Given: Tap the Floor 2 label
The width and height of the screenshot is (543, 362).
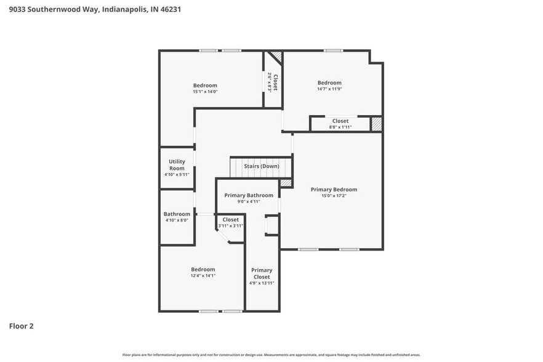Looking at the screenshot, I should (x=21, y=326).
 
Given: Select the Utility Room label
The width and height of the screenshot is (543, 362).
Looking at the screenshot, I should (x=177, y=164).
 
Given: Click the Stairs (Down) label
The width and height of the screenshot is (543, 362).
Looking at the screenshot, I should (x=261, y=166).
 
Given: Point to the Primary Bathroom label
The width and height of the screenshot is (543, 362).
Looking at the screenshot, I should (x=248, y=195).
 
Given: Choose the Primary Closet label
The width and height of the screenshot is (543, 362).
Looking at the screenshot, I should (x=262, y=273).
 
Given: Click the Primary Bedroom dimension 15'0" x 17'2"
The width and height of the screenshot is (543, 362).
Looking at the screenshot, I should (x=334, y=196).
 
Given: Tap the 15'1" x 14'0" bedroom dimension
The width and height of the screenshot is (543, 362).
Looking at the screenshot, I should (x=205, y=92).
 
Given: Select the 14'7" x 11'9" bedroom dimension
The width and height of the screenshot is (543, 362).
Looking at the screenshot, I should (x=329, y=89).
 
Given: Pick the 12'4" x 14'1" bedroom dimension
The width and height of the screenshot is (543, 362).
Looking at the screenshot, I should (x=203, y=276).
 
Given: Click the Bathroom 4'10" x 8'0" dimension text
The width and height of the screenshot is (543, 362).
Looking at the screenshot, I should (x=177, y=220).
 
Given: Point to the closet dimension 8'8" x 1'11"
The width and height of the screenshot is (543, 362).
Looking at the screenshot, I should (x=340, y=127).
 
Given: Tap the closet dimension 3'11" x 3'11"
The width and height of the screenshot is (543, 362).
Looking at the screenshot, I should (x=231, y=226).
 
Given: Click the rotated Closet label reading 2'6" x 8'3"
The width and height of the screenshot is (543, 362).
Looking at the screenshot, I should (x=273, y=82).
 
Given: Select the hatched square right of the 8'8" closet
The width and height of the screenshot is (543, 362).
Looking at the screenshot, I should (x=376, y=123).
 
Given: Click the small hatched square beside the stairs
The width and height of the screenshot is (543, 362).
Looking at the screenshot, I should (x=285, y=183).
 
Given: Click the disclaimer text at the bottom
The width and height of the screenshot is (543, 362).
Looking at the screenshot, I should (x=271, y=355).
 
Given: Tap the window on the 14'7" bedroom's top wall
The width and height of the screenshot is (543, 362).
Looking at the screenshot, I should (x=334, y=50).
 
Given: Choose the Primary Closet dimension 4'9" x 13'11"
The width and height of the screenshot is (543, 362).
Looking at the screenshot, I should (x=262, y=283).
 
